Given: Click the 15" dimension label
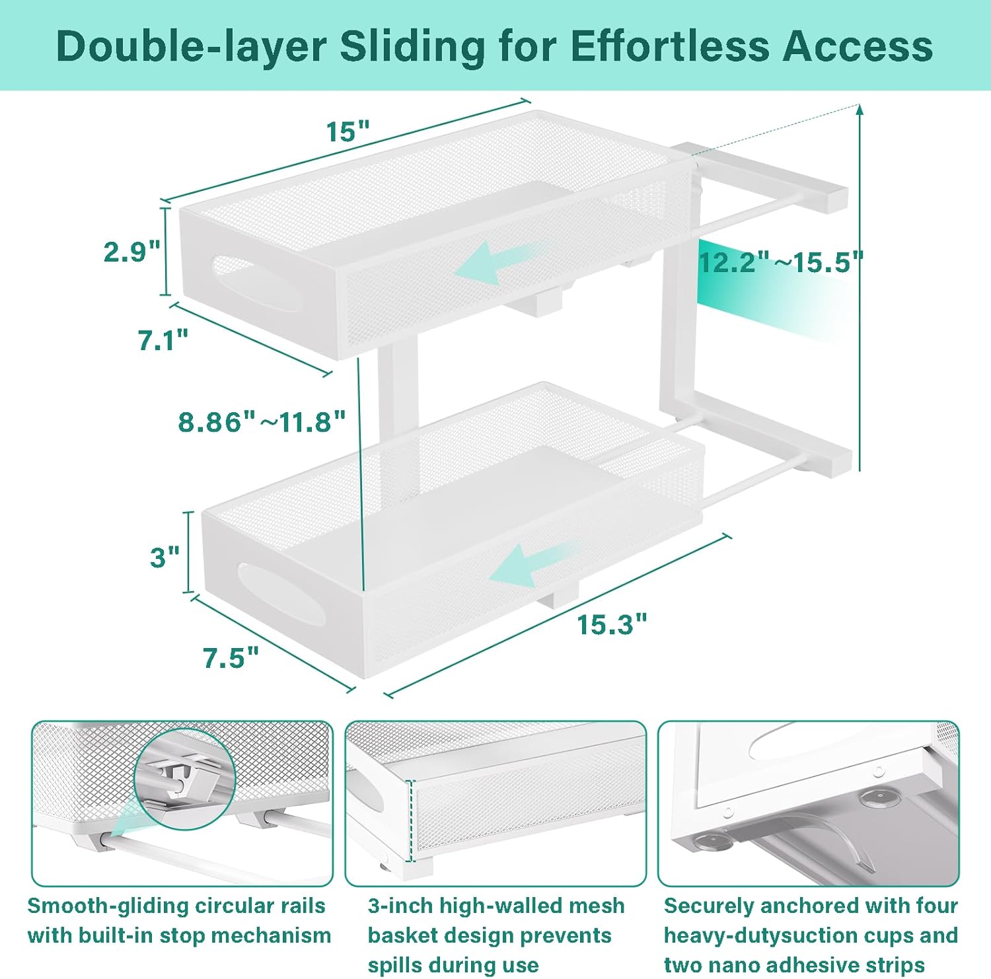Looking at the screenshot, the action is pyautogui.click(x=348, y=132).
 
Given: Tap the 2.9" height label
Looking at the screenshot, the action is pyautogui.click(x=132, y=252).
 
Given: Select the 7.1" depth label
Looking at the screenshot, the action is pyautogui.click(x=163, y=340).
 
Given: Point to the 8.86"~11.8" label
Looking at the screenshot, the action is pyautogui.click(x=262, y=421).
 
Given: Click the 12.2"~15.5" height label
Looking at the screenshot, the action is pyautogui.click(x=781, y=262).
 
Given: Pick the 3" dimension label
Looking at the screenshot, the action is pyautogui.click(x=165, y=557).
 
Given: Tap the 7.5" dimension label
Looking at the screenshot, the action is pyautogui.click(x=231, y=658).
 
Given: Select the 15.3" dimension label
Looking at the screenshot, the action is pyautogui.click(x=612, y=624).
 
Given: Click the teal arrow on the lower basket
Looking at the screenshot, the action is pyautogui.click(x=533, y=563).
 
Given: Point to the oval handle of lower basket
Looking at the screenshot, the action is pyautogui.click(x=281, y=595).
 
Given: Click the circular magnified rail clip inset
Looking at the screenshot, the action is pyautogui.click(x=185, y=780).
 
